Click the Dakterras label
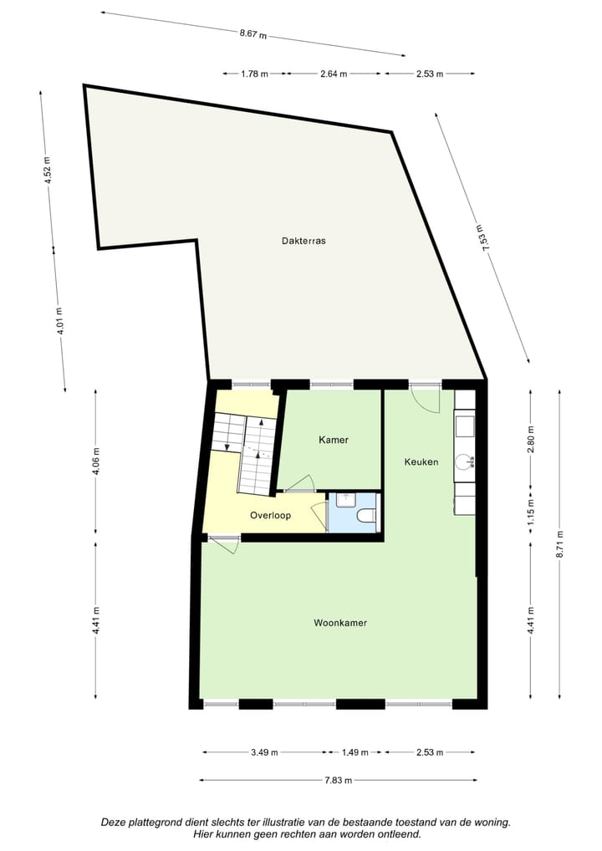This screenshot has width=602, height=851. (x=304, y=240)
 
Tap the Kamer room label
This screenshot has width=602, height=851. (x=334, y=440)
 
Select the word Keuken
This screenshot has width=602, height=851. (x=421, y=461)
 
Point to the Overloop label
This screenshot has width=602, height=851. (x=271, y=516)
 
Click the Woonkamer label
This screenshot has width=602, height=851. (x=340, y=623)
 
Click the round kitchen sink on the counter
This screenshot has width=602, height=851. (x=464, y=461)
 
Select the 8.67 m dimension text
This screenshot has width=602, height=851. (x=253, y=34)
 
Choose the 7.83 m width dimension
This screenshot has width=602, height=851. (x=339, y=781)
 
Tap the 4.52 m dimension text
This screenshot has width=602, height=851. (x=48, y=171)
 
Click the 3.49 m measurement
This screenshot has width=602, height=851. (x=264, y=752)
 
